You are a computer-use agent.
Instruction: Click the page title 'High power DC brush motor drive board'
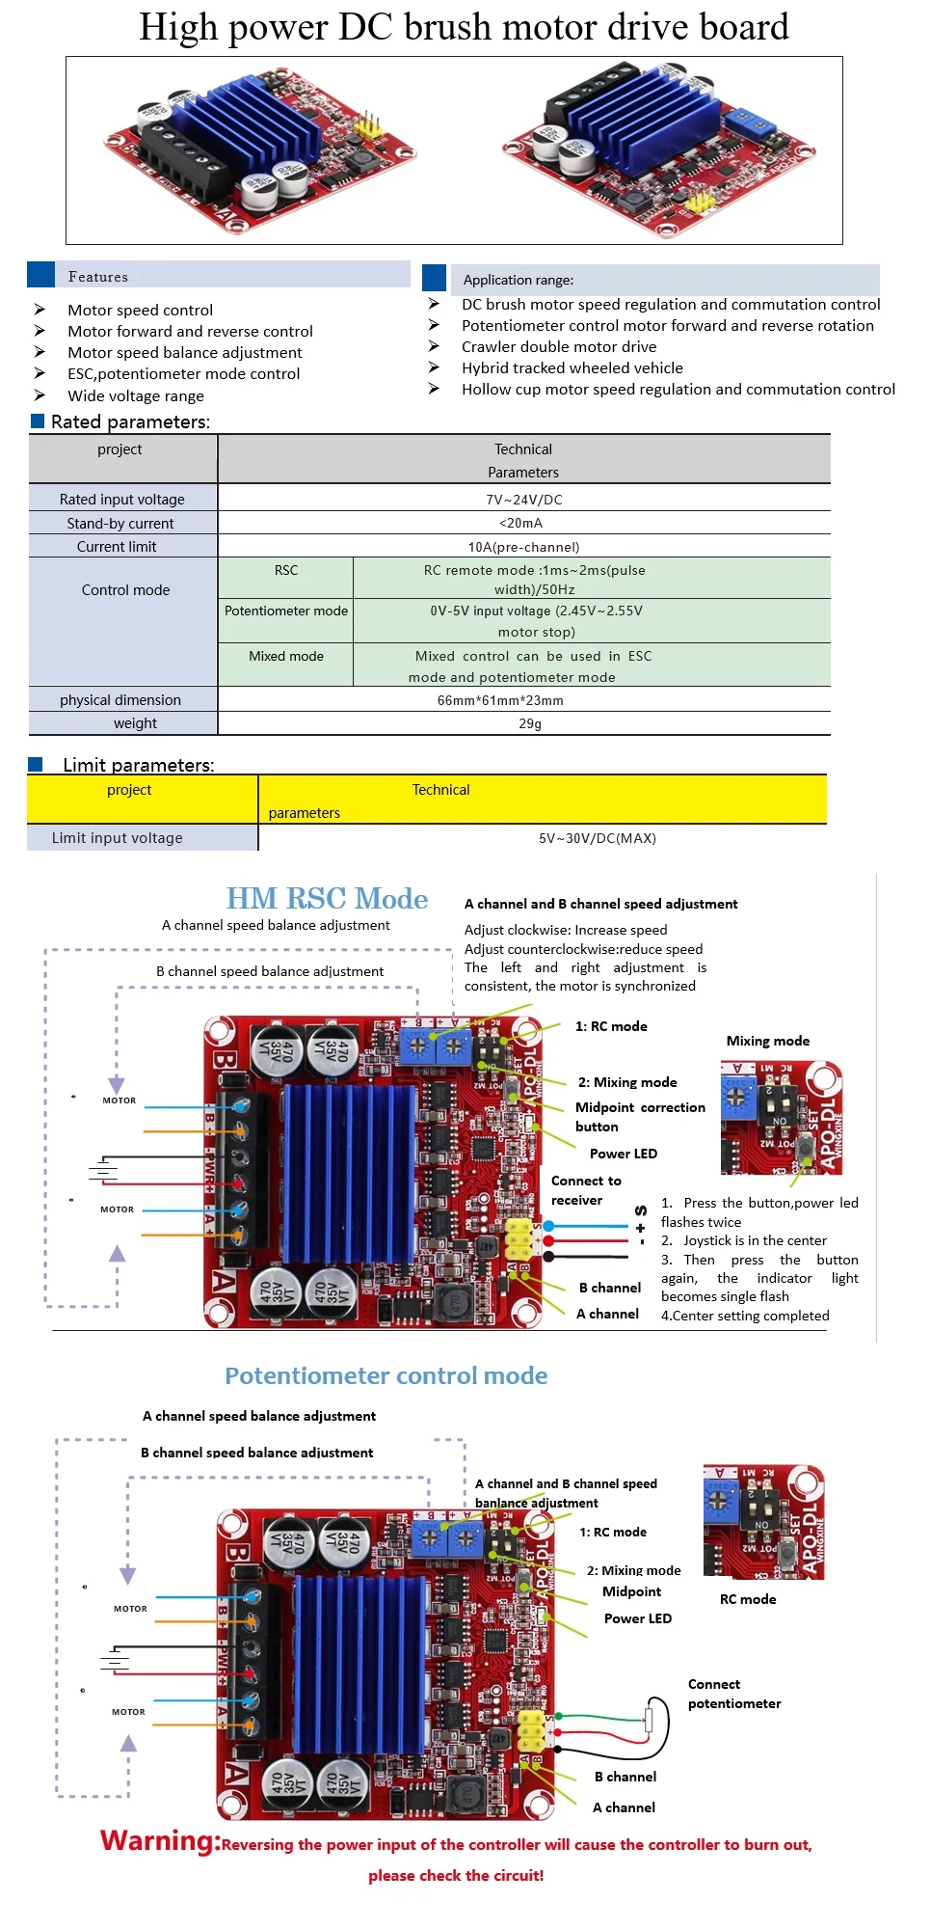[x=464, y=27]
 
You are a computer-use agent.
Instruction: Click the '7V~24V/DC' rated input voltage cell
[x=523, y=500]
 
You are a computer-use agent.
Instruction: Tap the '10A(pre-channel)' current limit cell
[x=523, y=547]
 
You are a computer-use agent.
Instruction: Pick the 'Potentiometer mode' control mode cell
[x=286, y=611]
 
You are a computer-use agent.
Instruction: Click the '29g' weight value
[x=530, y=723]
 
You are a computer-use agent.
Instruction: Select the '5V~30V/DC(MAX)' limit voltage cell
[x=597, y=838]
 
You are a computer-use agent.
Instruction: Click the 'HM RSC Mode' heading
[x=327, y=898]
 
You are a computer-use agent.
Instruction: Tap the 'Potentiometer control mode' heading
[x=386, y=1375]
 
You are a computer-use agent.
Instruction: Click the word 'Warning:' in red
[x=160, y=1841]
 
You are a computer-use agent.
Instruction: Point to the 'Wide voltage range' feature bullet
[x=136, y=396]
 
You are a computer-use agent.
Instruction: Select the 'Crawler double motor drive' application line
[x=559, y=347]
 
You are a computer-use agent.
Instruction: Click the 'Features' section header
[x=98, y=277]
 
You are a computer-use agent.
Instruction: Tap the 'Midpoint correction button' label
[x=639, y=1117]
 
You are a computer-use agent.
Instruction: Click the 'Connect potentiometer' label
[x=733, y=1694]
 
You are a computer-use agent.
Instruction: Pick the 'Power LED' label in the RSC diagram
[x=623, y=1154]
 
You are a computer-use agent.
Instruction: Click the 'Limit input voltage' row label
[x=118, y=838]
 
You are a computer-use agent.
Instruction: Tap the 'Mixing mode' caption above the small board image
[x=767, y=1041]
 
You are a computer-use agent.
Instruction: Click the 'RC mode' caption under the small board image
[x=747, y=1599]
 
